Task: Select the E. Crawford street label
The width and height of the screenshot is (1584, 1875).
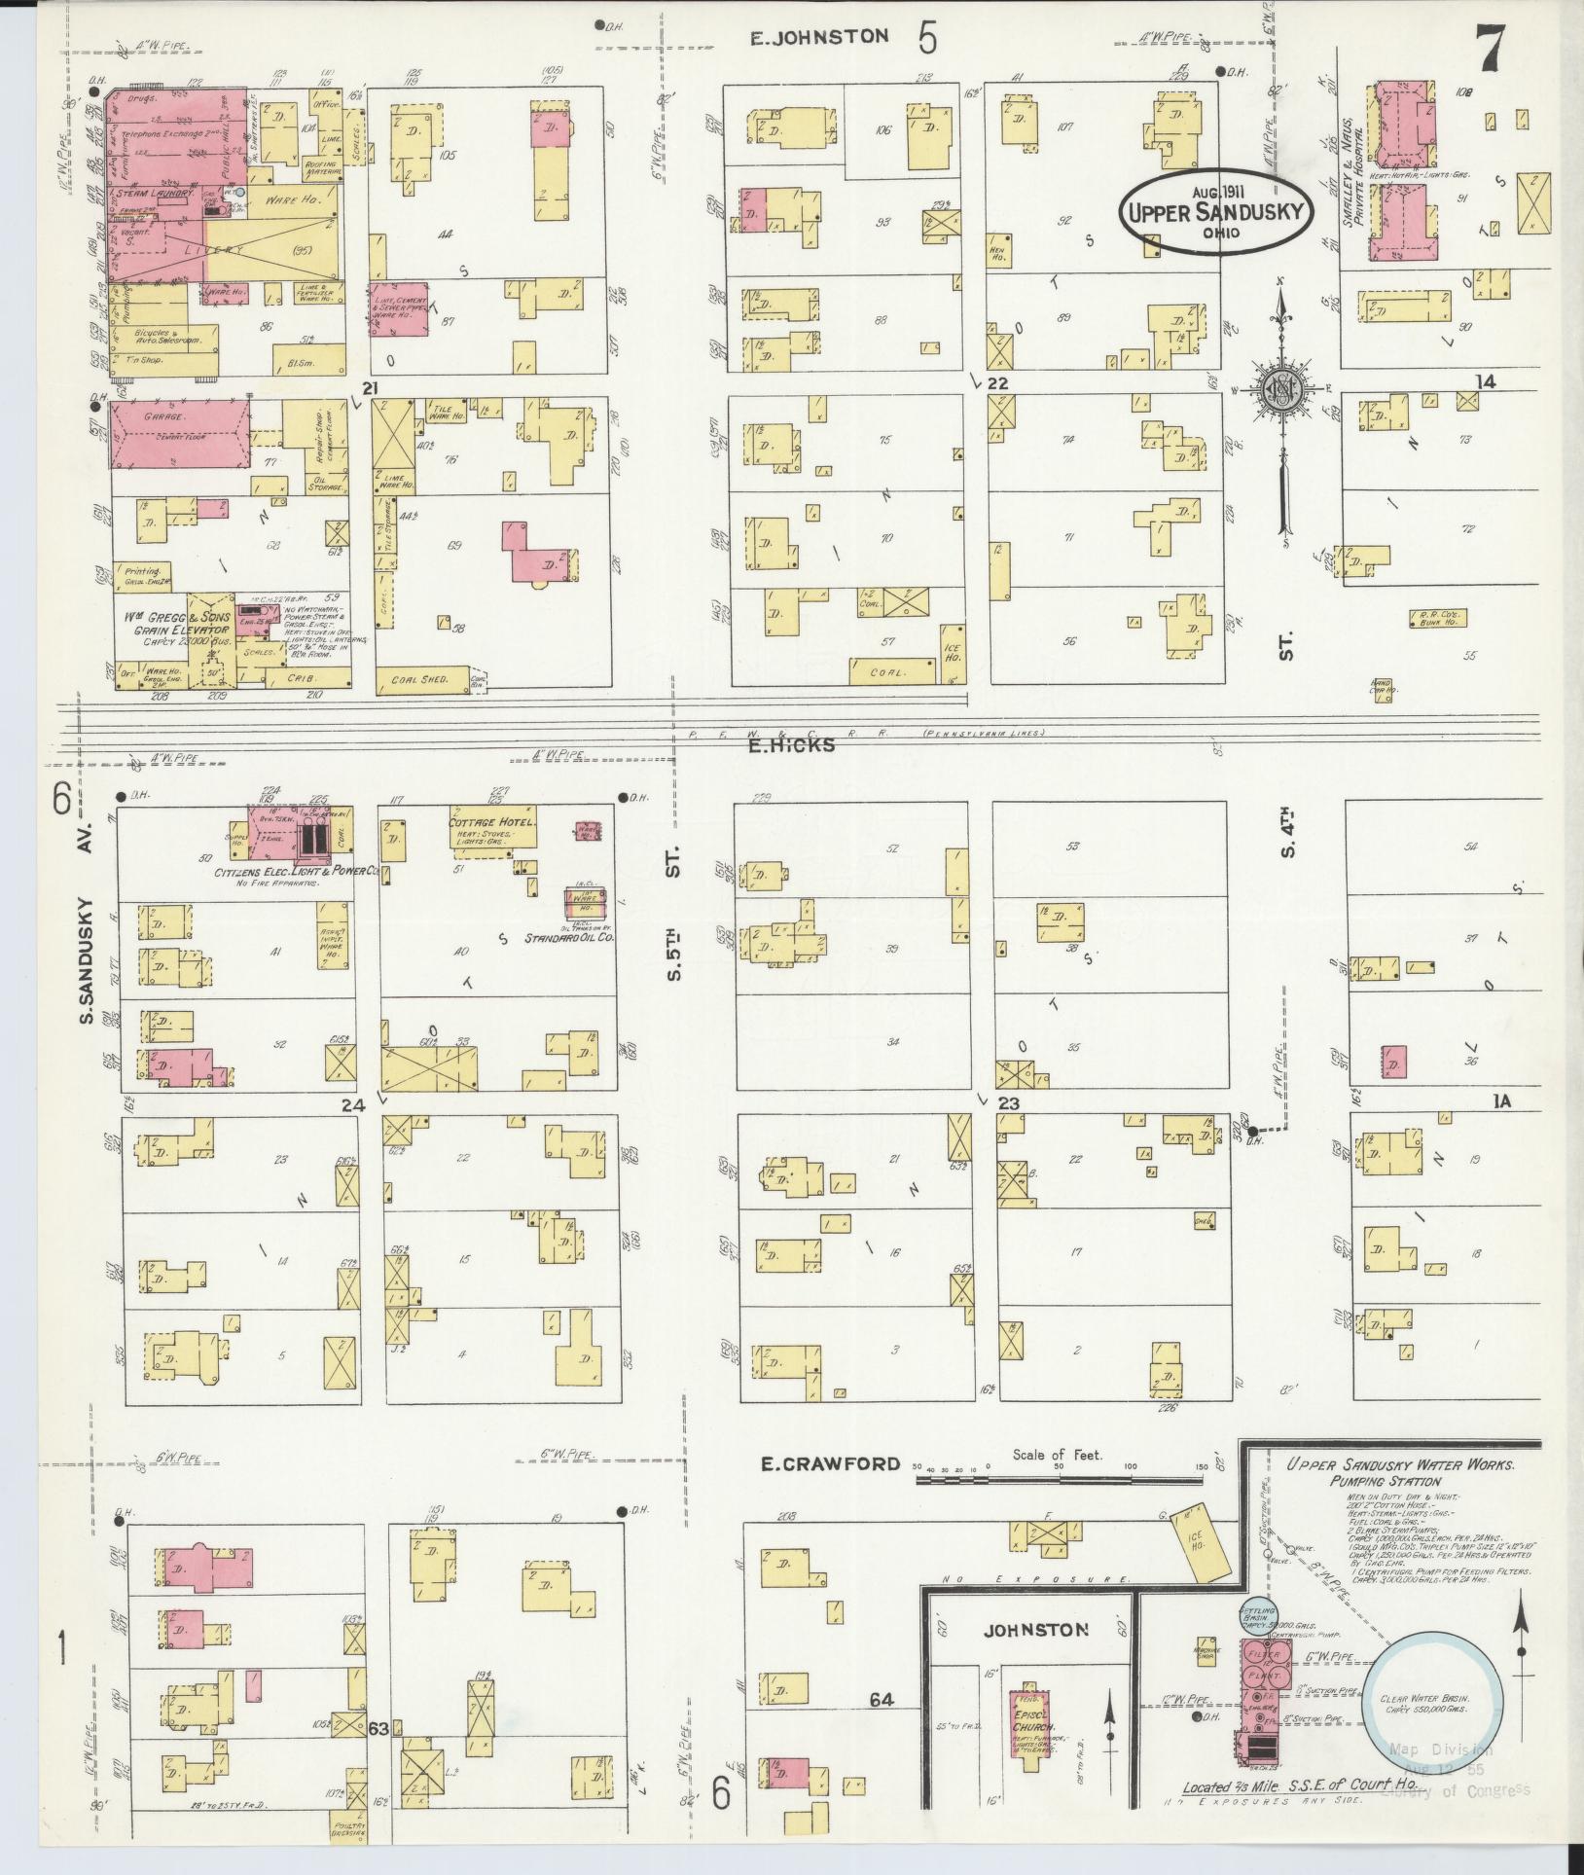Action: pos(830,1490)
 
